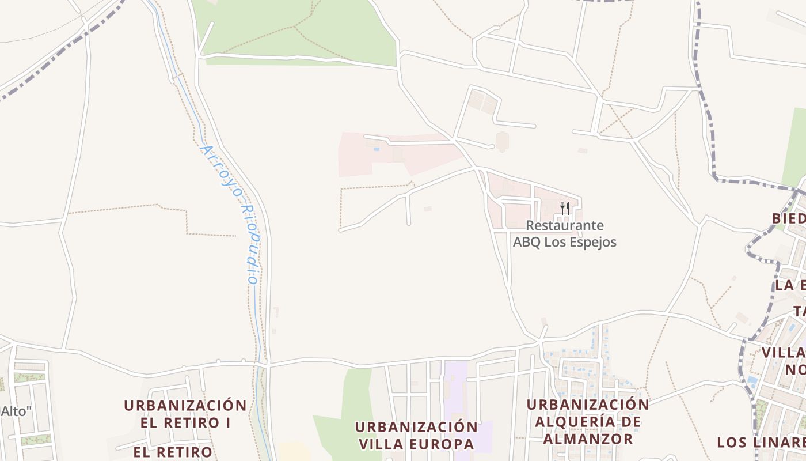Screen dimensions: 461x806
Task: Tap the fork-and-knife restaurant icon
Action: click(x=565, y=208)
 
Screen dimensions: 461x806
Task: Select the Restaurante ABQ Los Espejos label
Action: click(x=564, y=233)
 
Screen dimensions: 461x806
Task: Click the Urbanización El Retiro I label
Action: click(x=185, y=413)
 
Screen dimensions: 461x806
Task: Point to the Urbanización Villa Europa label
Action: click(x=416, y=436)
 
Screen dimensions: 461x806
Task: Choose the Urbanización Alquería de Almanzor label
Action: click(x=588, y=422)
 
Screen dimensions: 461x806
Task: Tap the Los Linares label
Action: click(x=760, y=443)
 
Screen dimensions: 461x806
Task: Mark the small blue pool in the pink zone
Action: click(x=377, y=149)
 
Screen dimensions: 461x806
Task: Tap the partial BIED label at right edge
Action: click(x=789, y=218)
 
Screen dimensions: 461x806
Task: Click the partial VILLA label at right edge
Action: click(x=783, y=353)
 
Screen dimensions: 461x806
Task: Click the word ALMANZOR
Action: click(x=588, y=439)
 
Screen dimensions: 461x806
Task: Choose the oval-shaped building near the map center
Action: click(x=502, y=141)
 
